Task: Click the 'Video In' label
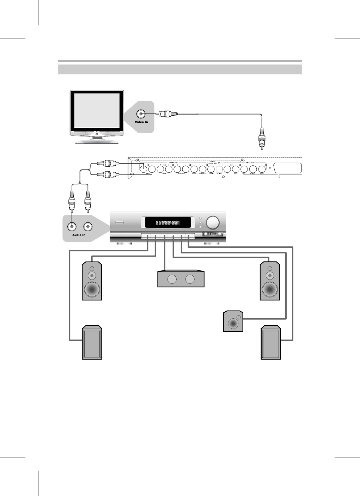pyautogui.click(x=141, y=122)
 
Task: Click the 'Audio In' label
pyautogui.click(x=79, y=235)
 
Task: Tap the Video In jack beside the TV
pyautogui.click(x=141, y=114)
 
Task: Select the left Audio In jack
pyautogui.click(x=72, y=227)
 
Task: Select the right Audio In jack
pyautogui.click(x=87, y=227)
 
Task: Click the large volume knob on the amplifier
pyautogui.click(x=213, y=223)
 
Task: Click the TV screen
pyautogui.click(x=96, y=110)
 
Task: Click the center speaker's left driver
pyautogui.click(x=172, y=280)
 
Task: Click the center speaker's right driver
pyautogui.click(x=190, y=280)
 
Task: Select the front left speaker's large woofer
pyautogui.click(x=92, y=290)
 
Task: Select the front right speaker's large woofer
pyautogui.click(x=270, y=290)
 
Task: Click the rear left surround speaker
pyautogui.click(x=92, y=343)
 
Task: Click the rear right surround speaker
pyautogui.click(x=271, y=343)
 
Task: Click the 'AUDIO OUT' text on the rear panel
pyautogui.click(x=173, y=163)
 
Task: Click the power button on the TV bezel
pyautogui.click(x=97, y=134)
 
